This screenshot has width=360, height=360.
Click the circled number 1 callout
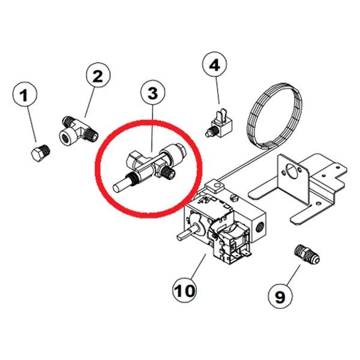25,95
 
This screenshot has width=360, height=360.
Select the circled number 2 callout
98,75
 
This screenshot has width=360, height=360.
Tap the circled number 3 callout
153,92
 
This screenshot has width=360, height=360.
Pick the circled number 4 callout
214,64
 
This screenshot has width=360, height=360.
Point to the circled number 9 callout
280,296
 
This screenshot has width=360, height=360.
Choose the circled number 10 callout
184,290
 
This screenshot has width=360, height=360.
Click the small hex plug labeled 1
40,152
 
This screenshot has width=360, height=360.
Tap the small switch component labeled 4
218,123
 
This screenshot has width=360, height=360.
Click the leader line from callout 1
32,124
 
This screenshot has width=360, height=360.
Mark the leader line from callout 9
293,275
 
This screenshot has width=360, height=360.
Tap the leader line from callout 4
217,90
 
